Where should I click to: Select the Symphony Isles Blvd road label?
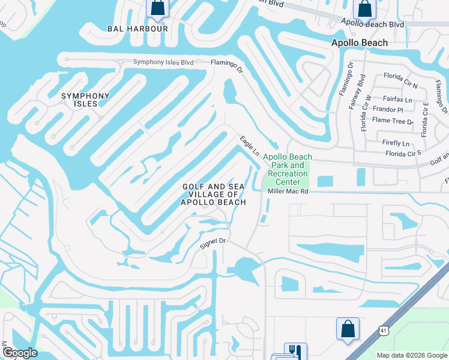(x=163, y=62)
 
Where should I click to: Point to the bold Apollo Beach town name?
(x=360, y=43)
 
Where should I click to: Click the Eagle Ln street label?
(x=250, y=146)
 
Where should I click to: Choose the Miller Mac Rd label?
(x=288, y=191)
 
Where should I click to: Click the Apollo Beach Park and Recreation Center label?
(x=288, y=165)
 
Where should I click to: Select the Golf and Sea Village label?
(x=214, y=194)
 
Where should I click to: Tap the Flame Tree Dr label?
(x=393, y=121)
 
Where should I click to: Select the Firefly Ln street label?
(x=396, y=143)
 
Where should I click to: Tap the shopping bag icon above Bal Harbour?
(x=157, y=8)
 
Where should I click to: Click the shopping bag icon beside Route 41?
(x=348, y=329)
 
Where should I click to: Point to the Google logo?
(x=20, y=353)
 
